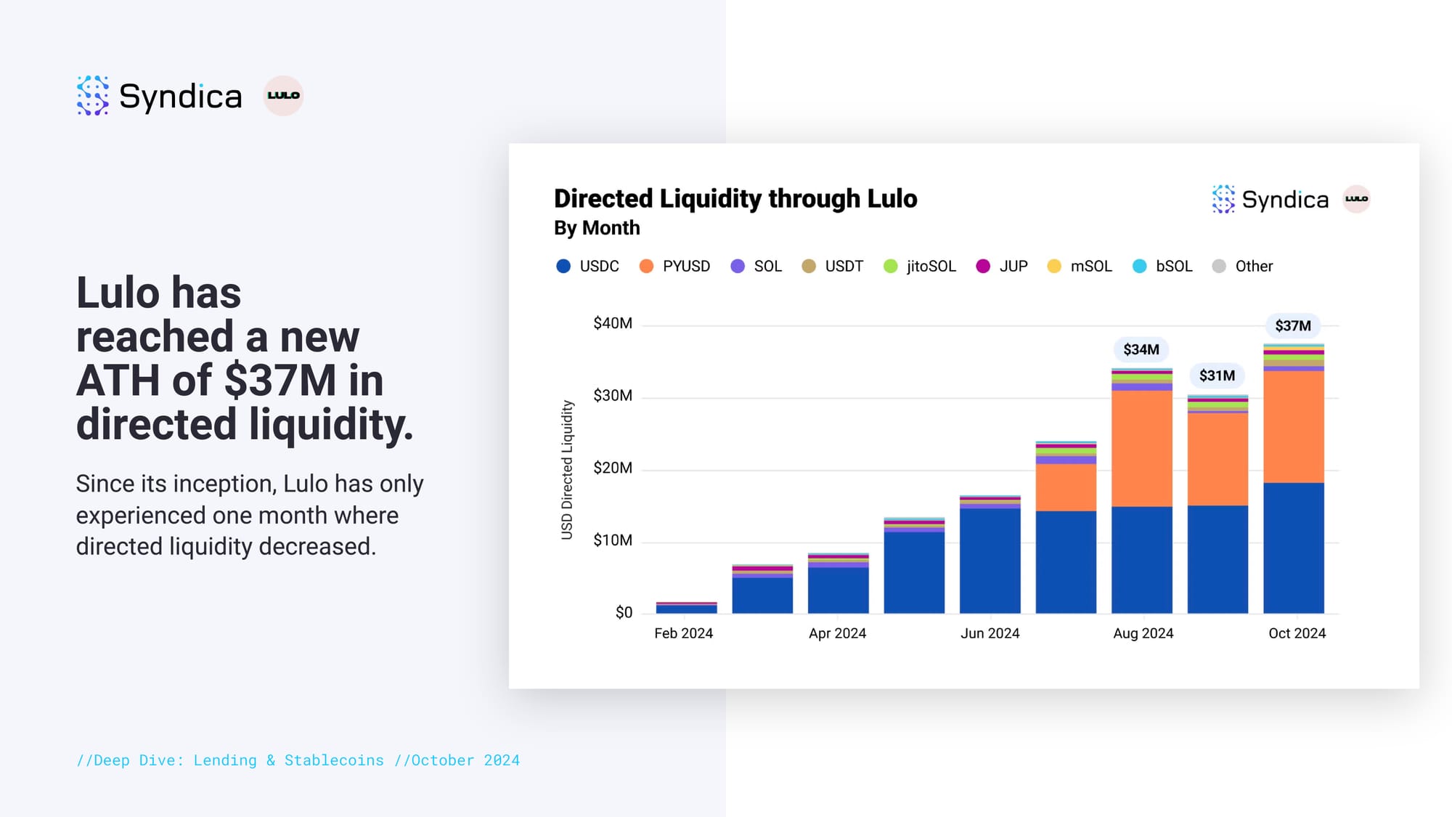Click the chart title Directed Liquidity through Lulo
(x=735, y=199)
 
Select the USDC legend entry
(x=587, y=267)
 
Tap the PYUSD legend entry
(x=674, y=267)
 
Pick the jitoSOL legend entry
(x=920, y=267)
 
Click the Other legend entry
(x=1243, y=267)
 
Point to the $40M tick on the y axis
(x=613, y=323)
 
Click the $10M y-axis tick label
(x=613, y=540)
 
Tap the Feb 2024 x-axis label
(x=683, y=633)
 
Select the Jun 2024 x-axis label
(x=990, y=633)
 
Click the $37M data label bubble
(x=1293, y=326)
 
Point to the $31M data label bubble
(x=1217, y=375)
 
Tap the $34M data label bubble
(x=1141, y=349)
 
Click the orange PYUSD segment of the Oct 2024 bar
(x=1293, y=427)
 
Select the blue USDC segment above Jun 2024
(x=990, y=561)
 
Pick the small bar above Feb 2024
(x=686, y=608)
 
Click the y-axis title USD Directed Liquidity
(x=567, y=470)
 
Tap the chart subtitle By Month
(x=597, y=228)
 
